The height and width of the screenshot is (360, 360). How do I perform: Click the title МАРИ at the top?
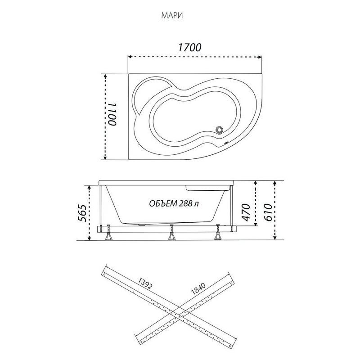172,16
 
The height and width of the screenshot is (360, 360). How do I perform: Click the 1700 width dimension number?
189,47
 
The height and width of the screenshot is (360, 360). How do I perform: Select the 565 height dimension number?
82,213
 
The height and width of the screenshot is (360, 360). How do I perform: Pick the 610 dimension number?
268,212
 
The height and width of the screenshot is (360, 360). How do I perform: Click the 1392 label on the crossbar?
145,284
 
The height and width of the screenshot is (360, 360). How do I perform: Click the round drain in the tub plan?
220,130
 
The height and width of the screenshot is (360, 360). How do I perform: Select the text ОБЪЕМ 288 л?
174,203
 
